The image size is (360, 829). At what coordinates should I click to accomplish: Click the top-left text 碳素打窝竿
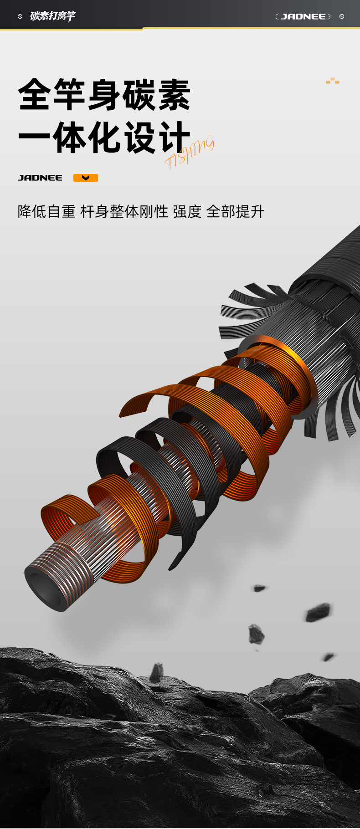click(52, 16)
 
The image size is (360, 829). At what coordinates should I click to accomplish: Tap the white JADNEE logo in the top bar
click(303, 16)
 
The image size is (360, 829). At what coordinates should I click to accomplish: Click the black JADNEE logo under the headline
click(40, 178)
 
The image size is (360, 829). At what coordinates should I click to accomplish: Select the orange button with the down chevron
click(86, 178)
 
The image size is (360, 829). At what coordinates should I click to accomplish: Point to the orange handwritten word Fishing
click(189, 152)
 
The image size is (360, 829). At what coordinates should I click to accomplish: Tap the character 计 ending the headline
click(173, 138)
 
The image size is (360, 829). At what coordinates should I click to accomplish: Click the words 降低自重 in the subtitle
click(46, 211)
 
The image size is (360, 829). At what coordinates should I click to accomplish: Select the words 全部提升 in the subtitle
click(235, 211)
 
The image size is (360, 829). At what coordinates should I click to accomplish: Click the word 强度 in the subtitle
click(187, 211)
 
